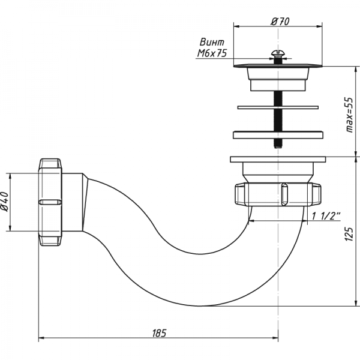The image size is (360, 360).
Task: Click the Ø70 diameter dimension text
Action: coord(280,21)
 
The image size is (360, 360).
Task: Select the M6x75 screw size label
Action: coord(212,54)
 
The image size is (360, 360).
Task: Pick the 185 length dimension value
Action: coord(158,332)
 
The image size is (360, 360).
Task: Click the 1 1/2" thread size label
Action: coord(327,215)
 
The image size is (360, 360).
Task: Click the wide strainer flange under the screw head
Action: coord(277,65)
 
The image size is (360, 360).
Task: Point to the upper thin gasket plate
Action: coord(277,107)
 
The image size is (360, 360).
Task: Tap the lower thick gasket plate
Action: coord(277,134)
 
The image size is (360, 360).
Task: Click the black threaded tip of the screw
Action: coord(277,145)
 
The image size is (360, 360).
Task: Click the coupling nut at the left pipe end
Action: coord(50,201)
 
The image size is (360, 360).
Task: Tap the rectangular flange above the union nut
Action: coord(277,160)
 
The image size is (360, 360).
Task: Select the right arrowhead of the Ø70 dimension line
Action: coord(322,27)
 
